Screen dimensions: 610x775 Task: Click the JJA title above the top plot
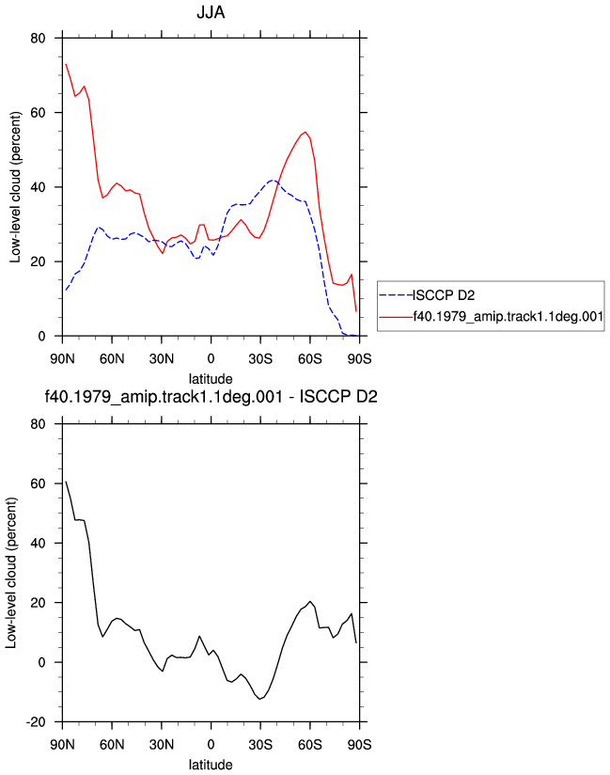point(211,12)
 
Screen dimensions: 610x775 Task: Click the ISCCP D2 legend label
point(444,295)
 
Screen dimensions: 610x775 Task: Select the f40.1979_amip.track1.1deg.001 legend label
point(508,316)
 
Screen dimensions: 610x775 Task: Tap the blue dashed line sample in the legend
point(396,295)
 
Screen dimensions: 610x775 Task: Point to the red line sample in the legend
point(396,316)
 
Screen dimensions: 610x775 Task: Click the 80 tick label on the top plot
point(38,38)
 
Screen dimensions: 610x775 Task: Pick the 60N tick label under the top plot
point(112,359)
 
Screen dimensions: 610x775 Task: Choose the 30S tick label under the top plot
point(260,359)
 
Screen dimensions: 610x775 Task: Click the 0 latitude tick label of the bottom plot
point(211,745)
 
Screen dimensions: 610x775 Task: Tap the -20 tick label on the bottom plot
point(36,722)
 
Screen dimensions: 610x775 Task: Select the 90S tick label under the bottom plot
point(360,745)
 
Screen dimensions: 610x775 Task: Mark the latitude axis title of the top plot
point(211,379)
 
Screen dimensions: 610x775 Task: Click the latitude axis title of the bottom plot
point(211,765)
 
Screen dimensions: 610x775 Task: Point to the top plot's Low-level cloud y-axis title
point(15,187)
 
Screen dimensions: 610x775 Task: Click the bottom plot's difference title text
point(211,396)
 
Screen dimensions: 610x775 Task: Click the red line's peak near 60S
point(305,132)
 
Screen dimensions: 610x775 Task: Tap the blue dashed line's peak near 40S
point(273,181)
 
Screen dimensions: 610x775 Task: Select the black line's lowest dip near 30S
point(259,699)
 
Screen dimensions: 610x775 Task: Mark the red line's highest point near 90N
point(66,64)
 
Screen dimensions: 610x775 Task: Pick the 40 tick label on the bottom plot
point(38,544)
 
